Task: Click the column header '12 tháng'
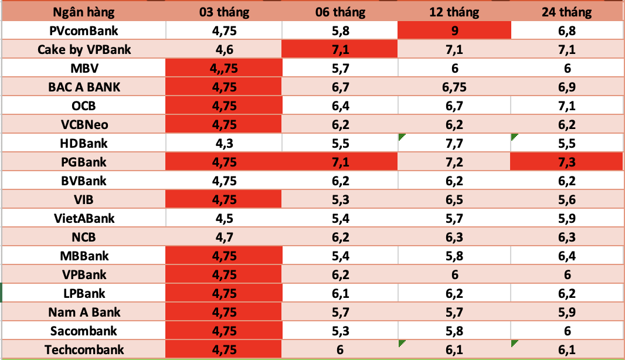454,12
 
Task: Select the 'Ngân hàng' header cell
84,12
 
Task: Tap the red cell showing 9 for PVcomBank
454,30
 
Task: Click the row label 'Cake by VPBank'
84,49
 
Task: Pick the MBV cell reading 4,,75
223,68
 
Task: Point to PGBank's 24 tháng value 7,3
567,162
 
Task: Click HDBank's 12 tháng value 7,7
454,143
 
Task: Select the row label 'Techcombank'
84,350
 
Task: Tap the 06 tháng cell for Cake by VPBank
340,49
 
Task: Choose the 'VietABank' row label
84,218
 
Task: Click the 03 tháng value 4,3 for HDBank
223,143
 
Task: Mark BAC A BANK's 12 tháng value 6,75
454,87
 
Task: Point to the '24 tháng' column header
567,12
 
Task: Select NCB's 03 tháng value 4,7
223,237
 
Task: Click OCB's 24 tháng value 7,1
567,106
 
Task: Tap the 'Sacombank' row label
84,331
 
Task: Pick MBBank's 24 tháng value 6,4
567,256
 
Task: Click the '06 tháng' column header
340,12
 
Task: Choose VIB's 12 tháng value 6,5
454,199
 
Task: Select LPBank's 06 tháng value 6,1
340,293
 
